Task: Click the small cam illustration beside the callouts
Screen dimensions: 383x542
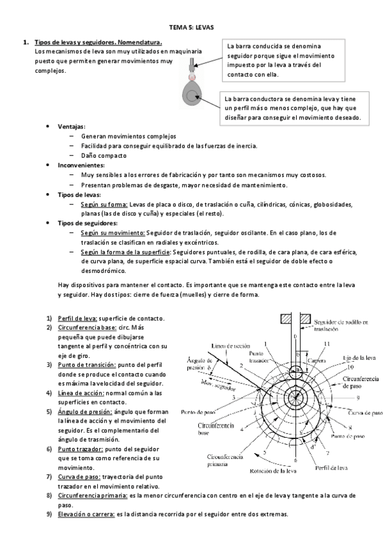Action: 192,90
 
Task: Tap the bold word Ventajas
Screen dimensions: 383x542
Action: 71,127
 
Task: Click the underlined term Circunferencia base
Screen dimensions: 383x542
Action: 86,327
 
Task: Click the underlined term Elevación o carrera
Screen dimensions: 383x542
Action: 86,515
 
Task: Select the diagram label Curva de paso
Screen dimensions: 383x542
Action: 364,413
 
